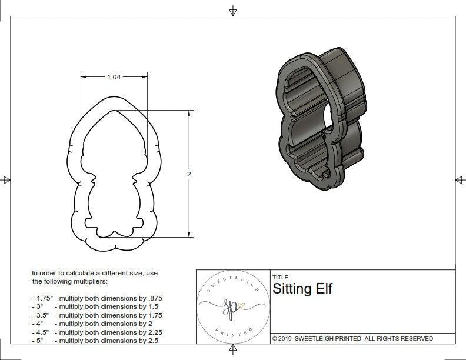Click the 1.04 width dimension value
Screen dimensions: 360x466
click(114, 77)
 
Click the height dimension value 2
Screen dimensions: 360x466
click(189, 174)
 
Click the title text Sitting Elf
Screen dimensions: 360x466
click(302, 289)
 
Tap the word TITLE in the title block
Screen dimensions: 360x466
click(280, 278)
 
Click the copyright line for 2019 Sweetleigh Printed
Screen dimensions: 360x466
click(352, 338)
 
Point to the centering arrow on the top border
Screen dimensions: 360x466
click(233, 11)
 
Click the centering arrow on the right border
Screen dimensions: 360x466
click(459, 179)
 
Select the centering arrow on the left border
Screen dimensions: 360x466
click(6, 179)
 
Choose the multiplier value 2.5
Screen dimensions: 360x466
click(152, 340)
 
